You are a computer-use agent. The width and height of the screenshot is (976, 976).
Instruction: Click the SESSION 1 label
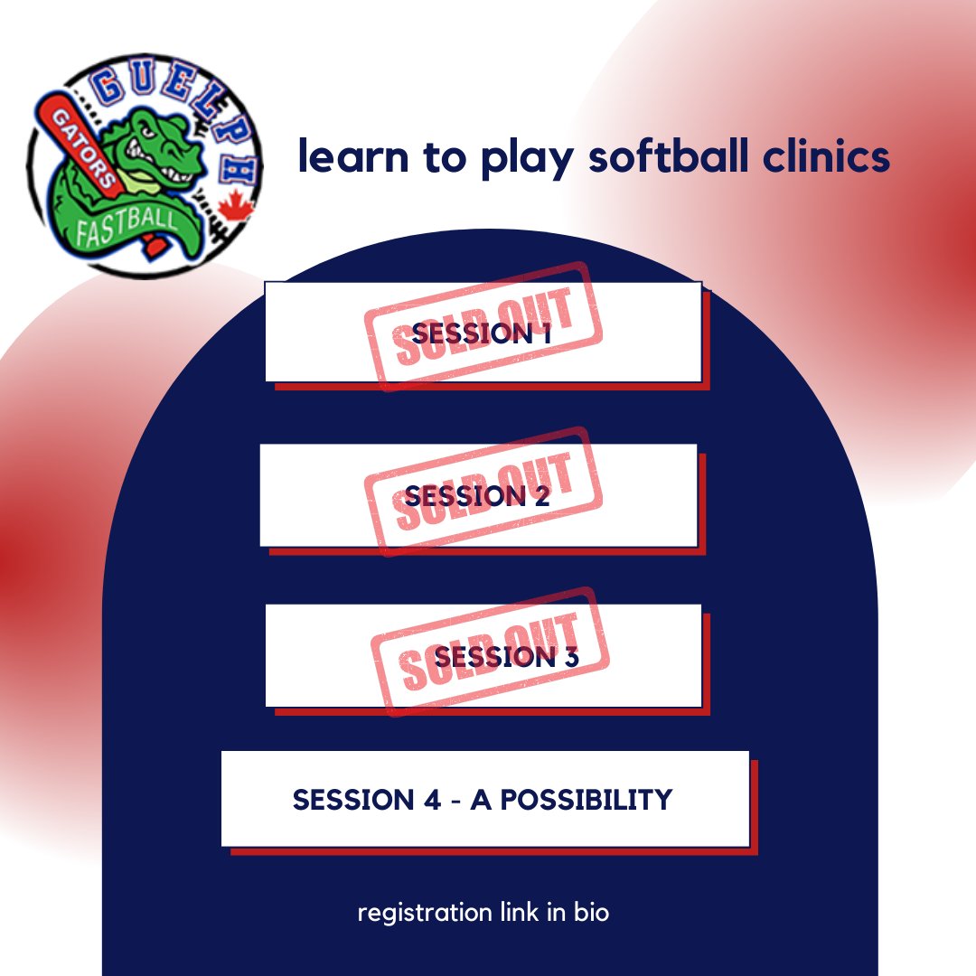pyautogui.click(x=481, y=333)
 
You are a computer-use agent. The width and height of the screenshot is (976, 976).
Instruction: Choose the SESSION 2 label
pyautogui.click(x=477, y=496)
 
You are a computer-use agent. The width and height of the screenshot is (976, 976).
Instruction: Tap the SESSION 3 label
pyautogui.click(x=506, y=657)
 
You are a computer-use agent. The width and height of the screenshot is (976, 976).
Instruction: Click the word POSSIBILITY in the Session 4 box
pyautogui.click(x=578, y=800)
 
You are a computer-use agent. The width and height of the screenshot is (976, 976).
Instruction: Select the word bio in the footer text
pyautogui.click(x=591, y=913)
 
